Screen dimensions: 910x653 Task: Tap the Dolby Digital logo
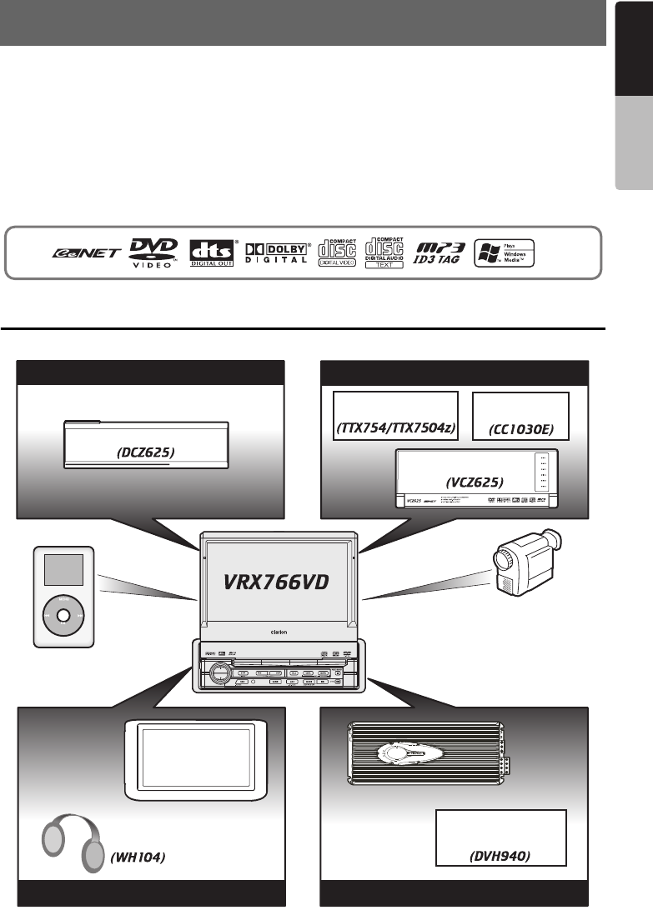point(276,252)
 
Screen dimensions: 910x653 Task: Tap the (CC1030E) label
point(520,430)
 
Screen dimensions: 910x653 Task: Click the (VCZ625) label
point(477,482)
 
